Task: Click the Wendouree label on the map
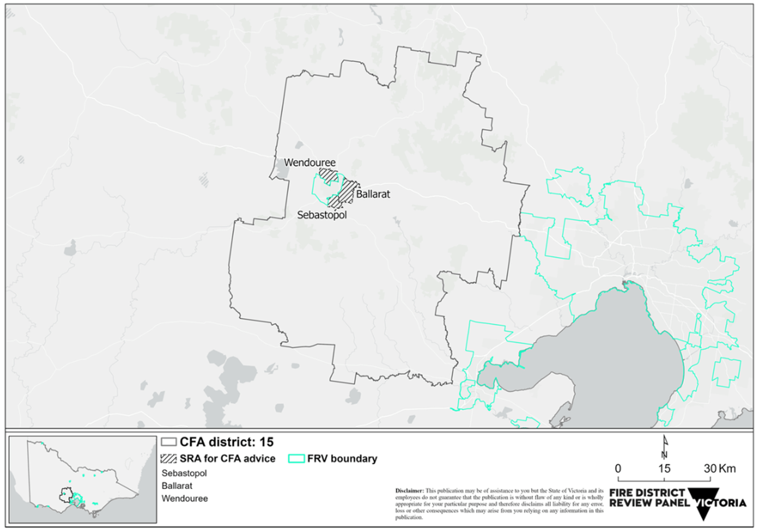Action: coord(309,162)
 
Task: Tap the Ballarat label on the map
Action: coord(373,194)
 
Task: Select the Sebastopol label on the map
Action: coord(322,215)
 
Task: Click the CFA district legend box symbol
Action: coord(169,442)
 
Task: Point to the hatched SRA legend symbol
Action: coord(169,458)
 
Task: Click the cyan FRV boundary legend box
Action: coord(296,458)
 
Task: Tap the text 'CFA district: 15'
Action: coord(226,442)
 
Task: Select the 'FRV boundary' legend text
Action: coord(342,458)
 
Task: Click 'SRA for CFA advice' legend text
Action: coord(227,458)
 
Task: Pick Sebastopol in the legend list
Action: coord(184,473)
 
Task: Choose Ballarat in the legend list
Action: coord(177,486)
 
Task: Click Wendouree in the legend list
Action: coord(184,498)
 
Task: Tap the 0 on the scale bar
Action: coord(618,468)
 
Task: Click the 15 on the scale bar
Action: coord(664,468)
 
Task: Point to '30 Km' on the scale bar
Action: coord(719,468)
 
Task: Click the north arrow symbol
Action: coord(665,447)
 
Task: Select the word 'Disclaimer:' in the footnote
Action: coord(410,491)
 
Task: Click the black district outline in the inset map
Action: coord(66,494)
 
